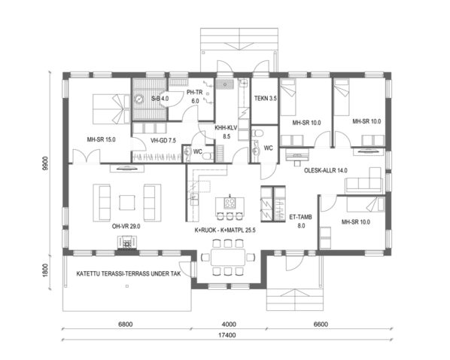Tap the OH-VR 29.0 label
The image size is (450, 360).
point(126,225)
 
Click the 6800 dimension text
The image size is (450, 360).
point(126,325)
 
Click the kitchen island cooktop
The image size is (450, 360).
point(230,203)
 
